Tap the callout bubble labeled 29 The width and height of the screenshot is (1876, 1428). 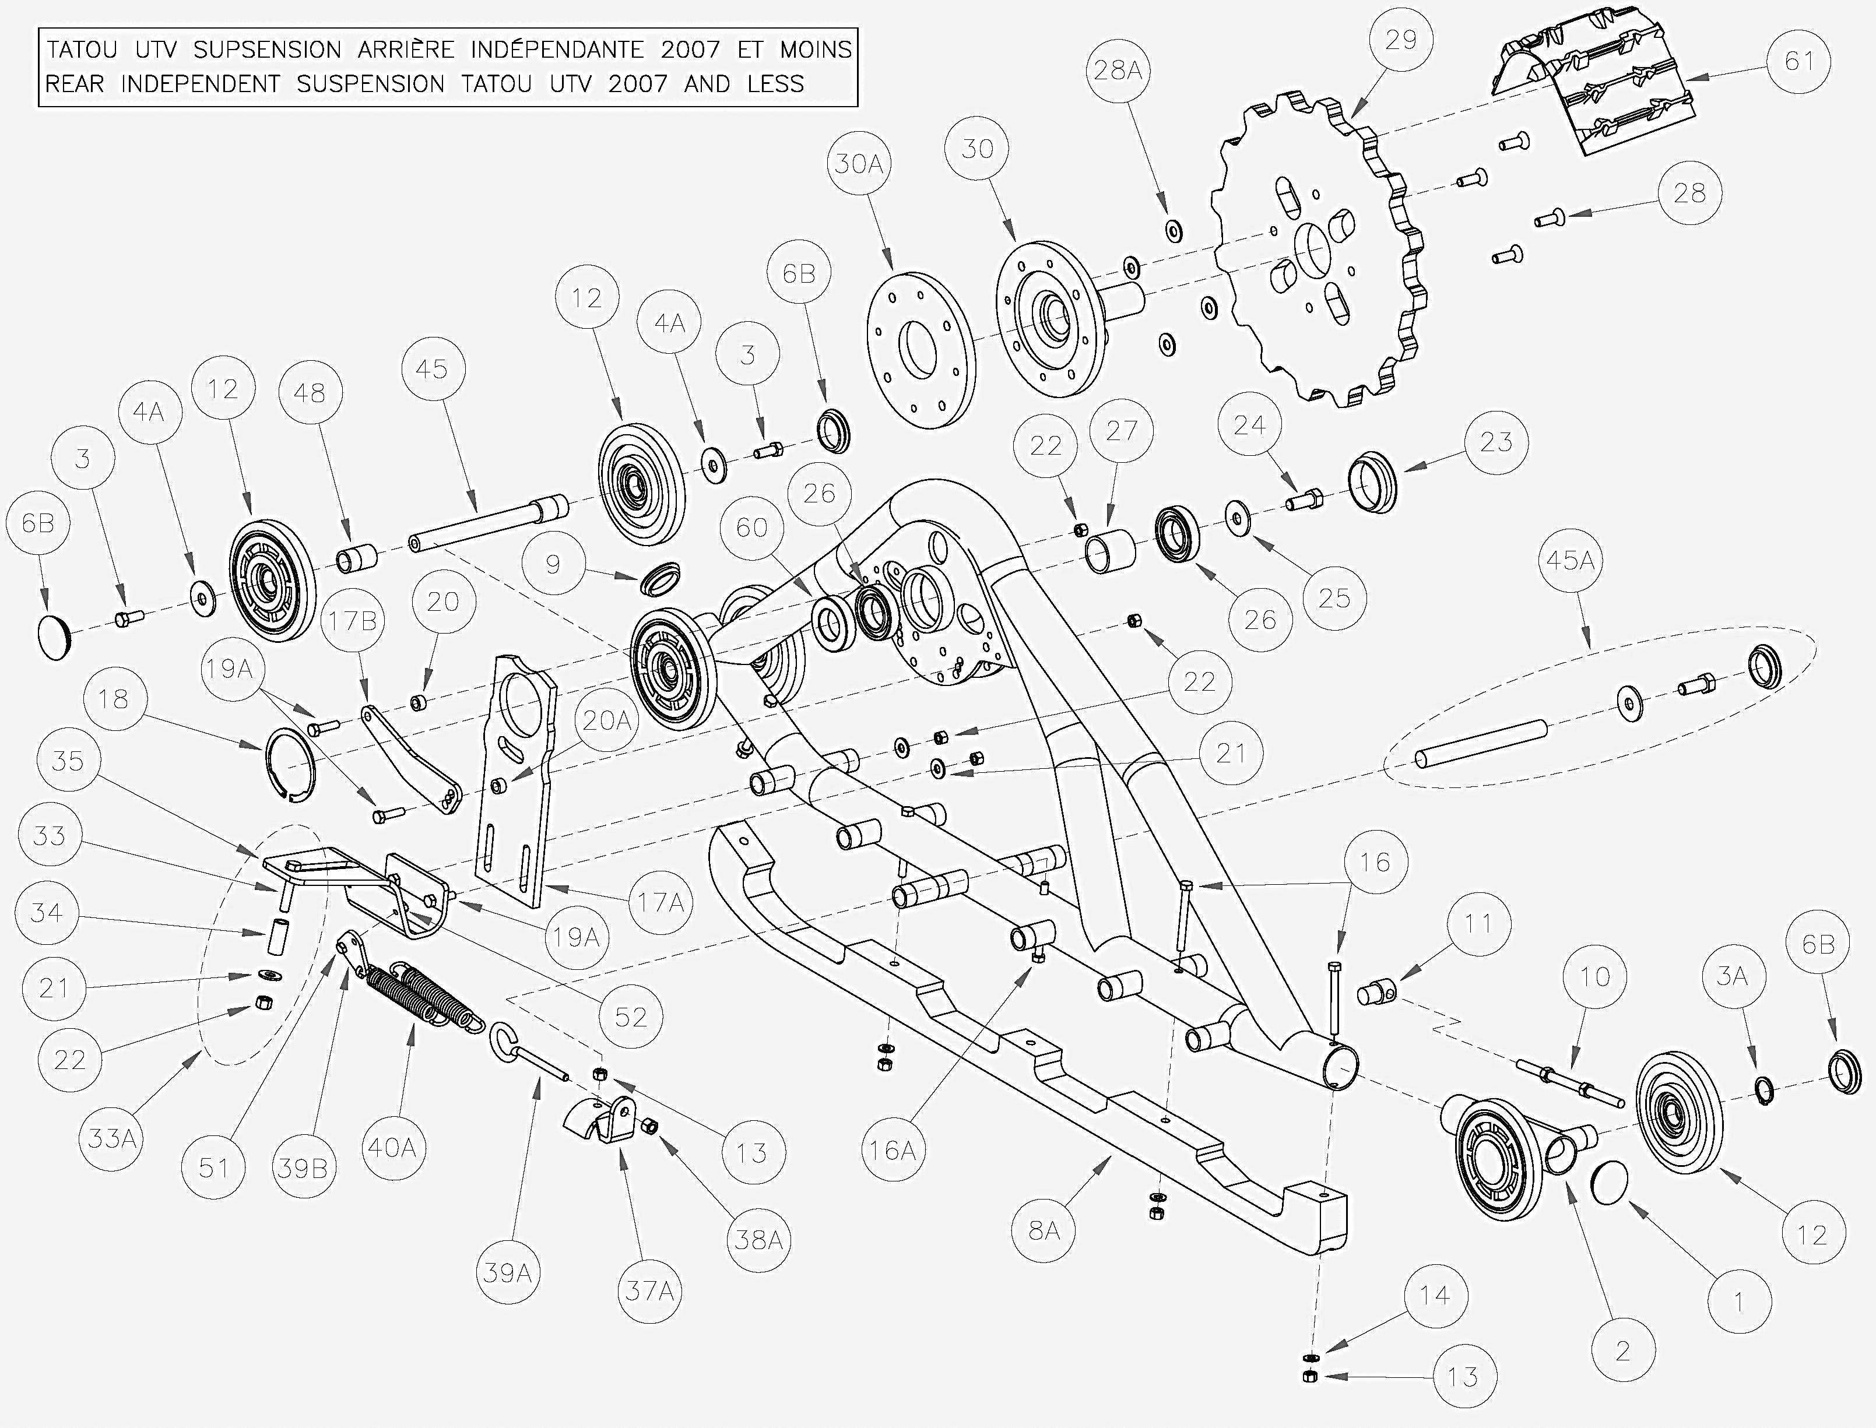[1401, 40]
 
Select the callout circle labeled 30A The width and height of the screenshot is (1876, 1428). [859, 164]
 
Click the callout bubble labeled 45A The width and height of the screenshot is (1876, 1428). [1570, 560]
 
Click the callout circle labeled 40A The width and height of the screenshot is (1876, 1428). [392, 1148]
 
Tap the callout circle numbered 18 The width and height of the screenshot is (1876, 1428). [114, 699]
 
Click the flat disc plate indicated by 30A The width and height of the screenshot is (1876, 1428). [920, 350]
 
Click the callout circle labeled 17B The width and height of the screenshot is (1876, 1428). [352, 621]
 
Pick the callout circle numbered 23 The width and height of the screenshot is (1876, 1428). [1496, 442]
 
